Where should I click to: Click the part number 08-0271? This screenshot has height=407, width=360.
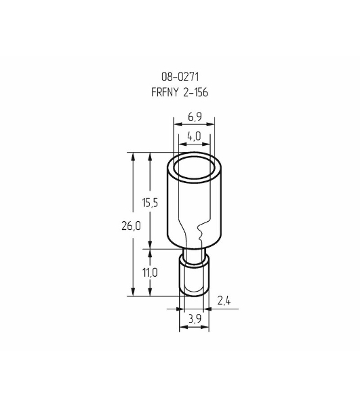(x=180, y=77)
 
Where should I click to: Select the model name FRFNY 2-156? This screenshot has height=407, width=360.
(x=180, y=92)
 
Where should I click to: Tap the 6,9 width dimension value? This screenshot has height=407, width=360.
(x=195, y=117)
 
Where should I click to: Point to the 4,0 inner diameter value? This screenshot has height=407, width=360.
(x=194, y=136)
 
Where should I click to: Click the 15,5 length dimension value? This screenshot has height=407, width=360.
(x=150, y=202)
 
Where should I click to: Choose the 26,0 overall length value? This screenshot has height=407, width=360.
(x=131, y=226)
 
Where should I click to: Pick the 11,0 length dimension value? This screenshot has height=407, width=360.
(x=150, y=273)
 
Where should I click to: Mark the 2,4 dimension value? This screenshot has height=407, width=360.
(x=224, y=301)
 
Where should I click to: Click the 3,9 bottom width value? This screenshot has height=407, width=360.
(x=195, y=319)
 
